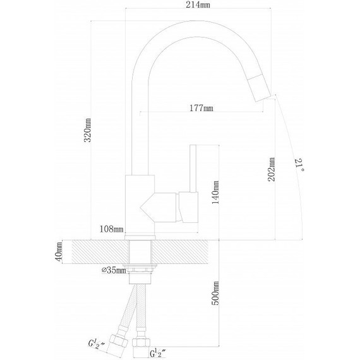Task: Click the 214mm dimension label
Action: [198, 5]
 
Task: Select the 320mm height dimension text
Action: [88, 130]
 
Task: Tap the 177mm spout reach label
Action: [201, 107]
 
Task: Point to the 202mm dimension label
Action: [272, 169]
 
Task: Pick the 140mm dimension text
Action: [215, 193]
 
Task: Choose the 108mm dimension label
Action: [111, 229]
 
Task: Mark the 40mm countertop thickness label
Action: [59, 251]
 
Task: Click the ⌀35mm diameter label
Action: [114, 270]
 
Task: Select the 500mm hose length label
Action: [215, 293]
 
